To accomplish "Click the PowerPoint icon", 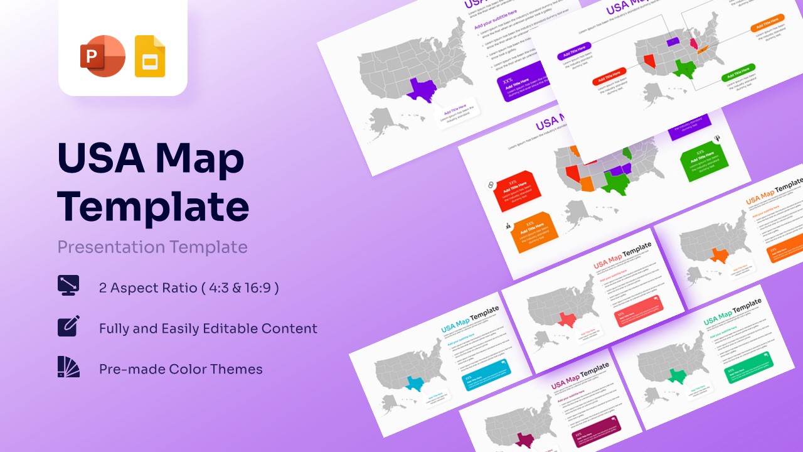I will [x=102, y=56].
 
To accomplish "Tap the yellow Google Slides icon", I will [x=150, y=57].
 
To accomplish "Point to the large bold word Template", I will [x=153, y=205].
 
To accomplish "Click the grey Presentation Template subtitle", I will [x=152, y=247].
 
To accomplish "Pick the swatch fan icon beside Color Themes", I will [x=68, y=367].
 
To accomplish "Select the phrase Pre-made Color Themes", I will [x=181, y=369].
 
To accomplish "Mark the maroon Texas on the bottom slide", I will [x=523, y=440].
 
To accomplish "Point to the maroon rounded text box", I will [x=596, y=431].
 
